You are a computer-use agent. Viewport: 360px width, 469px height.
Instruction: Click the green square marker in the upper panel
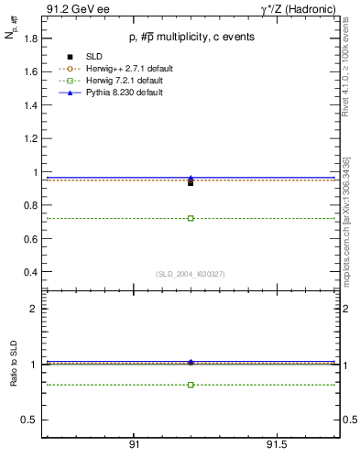(191, 218)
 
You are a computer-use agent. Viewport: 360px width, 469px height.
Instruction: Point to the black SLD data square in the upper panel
(191, 183)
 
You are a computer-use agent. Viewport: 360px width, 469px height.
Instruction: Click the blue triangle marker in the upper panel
(191, 179)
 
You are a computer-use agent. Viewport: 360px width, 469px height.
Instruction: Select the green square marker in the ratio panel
(191, 385)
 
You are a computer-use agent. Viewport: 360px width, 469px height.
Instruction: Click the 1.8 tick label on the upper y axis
(29, 38)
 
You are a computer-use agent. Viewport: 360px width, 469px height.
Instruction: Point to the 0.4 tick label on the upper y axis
(29, 273)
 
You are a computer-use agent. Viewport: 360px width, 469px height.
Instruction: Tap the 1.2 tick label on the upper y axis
(29, 138)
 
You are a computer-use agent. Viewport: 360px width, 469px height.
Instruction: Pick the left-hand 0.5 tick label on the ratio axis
(29, 420)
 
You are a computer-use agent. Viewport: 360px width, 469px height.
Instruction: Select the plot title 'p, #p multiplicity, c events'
(191, 38)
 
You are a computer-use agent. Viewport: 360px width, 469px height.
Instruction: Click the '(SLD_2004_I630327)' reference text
(191, 273)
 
